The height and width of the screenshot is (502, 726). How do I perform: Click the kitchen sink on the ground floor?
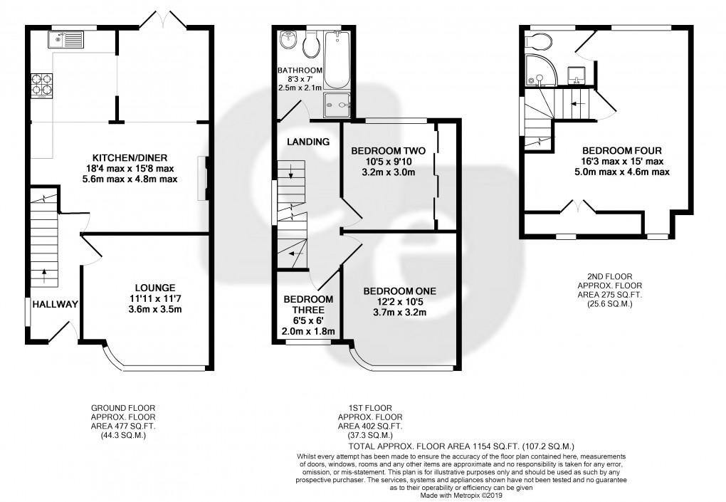[x=65, y=39]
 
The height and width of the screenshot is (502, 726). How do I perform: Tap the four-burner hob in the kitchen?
[x=41, y=85]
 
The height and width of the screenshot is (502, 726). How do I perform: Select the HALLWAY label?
[x=55, y=304]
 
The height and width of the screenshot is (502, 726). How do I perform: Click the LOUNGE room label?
[x=155, y=288]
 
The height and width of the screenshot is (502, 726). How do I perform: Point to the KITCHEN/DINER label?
[x=130, y=158]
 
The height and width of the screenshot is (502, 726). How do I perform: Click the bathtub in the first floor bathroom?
[x=337, y=61]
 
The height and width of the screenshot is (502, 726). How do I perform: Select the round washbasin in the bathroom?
[x=288, y=40]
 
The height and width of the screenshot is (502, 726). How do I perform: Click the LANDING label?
[x=308, y=142]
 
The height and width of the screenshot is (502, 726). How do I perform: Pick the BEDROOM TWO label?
[x=388, y=151]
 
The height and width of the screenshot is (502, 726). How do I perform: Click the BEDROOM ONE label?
[x=399, y=291]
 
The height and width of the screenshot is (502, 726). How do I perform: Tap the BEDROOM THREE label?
[x=308, y=305]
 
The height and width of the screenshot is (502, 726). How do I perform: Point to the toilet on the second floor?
[x=539, y=43]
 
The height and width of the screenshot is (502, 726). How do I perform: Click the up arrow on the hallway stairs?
[x=44, y=275]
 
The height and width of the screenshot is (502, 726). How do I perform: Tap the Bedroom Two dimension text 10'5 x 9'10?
[x=388, y=162]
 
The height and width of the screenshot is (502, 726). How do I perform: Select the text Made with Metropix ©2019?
[x=461, y=496]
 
